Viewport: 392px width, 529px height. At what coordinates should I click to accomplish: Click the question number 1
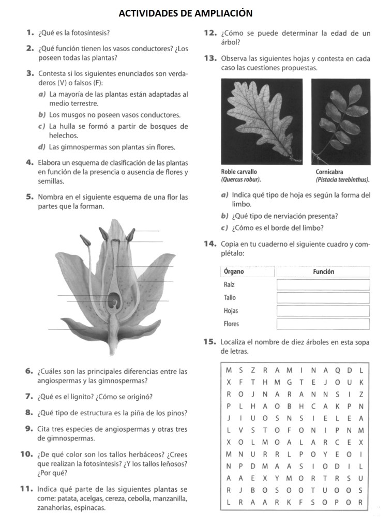[30, 33]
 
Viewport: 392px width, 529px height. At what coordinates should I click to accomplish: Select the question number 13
[210, 58]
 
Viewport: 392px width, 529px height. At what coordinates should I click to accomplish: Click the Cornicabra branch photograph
[340, 122]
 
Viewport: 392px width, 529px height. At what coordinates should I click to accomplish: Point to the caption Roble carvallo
[239, 172]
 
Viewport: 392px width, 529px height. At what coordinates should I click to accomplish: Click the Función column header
[323, 271]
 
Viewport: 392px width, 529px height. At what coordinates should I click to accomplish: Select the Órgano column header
[234, 271]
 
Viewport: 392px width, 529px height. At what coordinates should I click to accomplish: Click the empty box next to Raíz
[323, 284]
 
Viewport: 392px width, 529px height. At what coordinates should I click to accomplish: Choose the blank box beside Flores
[323, 324]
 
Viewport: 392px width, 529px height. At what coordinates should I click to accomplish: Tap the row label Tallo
[230, 298]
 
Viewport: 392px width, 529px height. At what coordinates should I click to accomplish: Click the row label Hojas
[231, 311]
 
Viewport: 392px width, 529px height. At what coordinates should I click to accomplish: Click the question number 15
[209, 342]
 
